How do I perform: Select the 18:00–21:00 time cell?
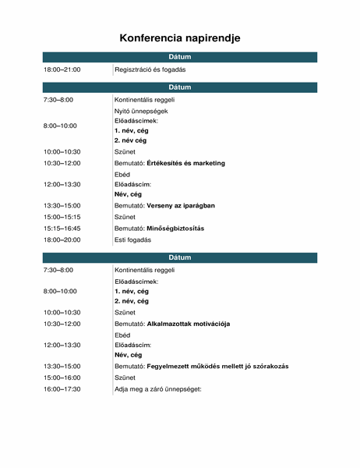coord(62,70)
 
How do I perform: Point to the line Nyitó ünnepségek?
coord(141,111)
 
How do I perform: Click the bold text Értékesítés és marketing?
coord(185,163)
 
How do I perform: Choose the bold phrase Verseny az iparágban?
coord(181,205)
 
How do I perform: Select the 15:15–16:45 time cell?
coord(62,228)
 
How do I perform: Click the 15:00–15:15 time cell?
coord(62,216)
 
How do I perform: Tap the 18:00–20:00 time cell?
coord(62,239)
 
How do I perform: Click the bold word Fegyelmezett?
coord(170,366)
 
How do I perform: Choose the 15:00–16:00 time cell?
coord(62,377)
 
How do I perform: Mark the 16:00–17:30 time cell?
coord(62,388)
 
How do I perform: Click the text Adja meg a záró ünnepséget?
coord(158,388)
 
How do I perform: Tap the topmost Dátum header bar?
coord(180,57)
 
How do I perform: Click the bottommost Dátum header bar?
coord(180,257)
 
